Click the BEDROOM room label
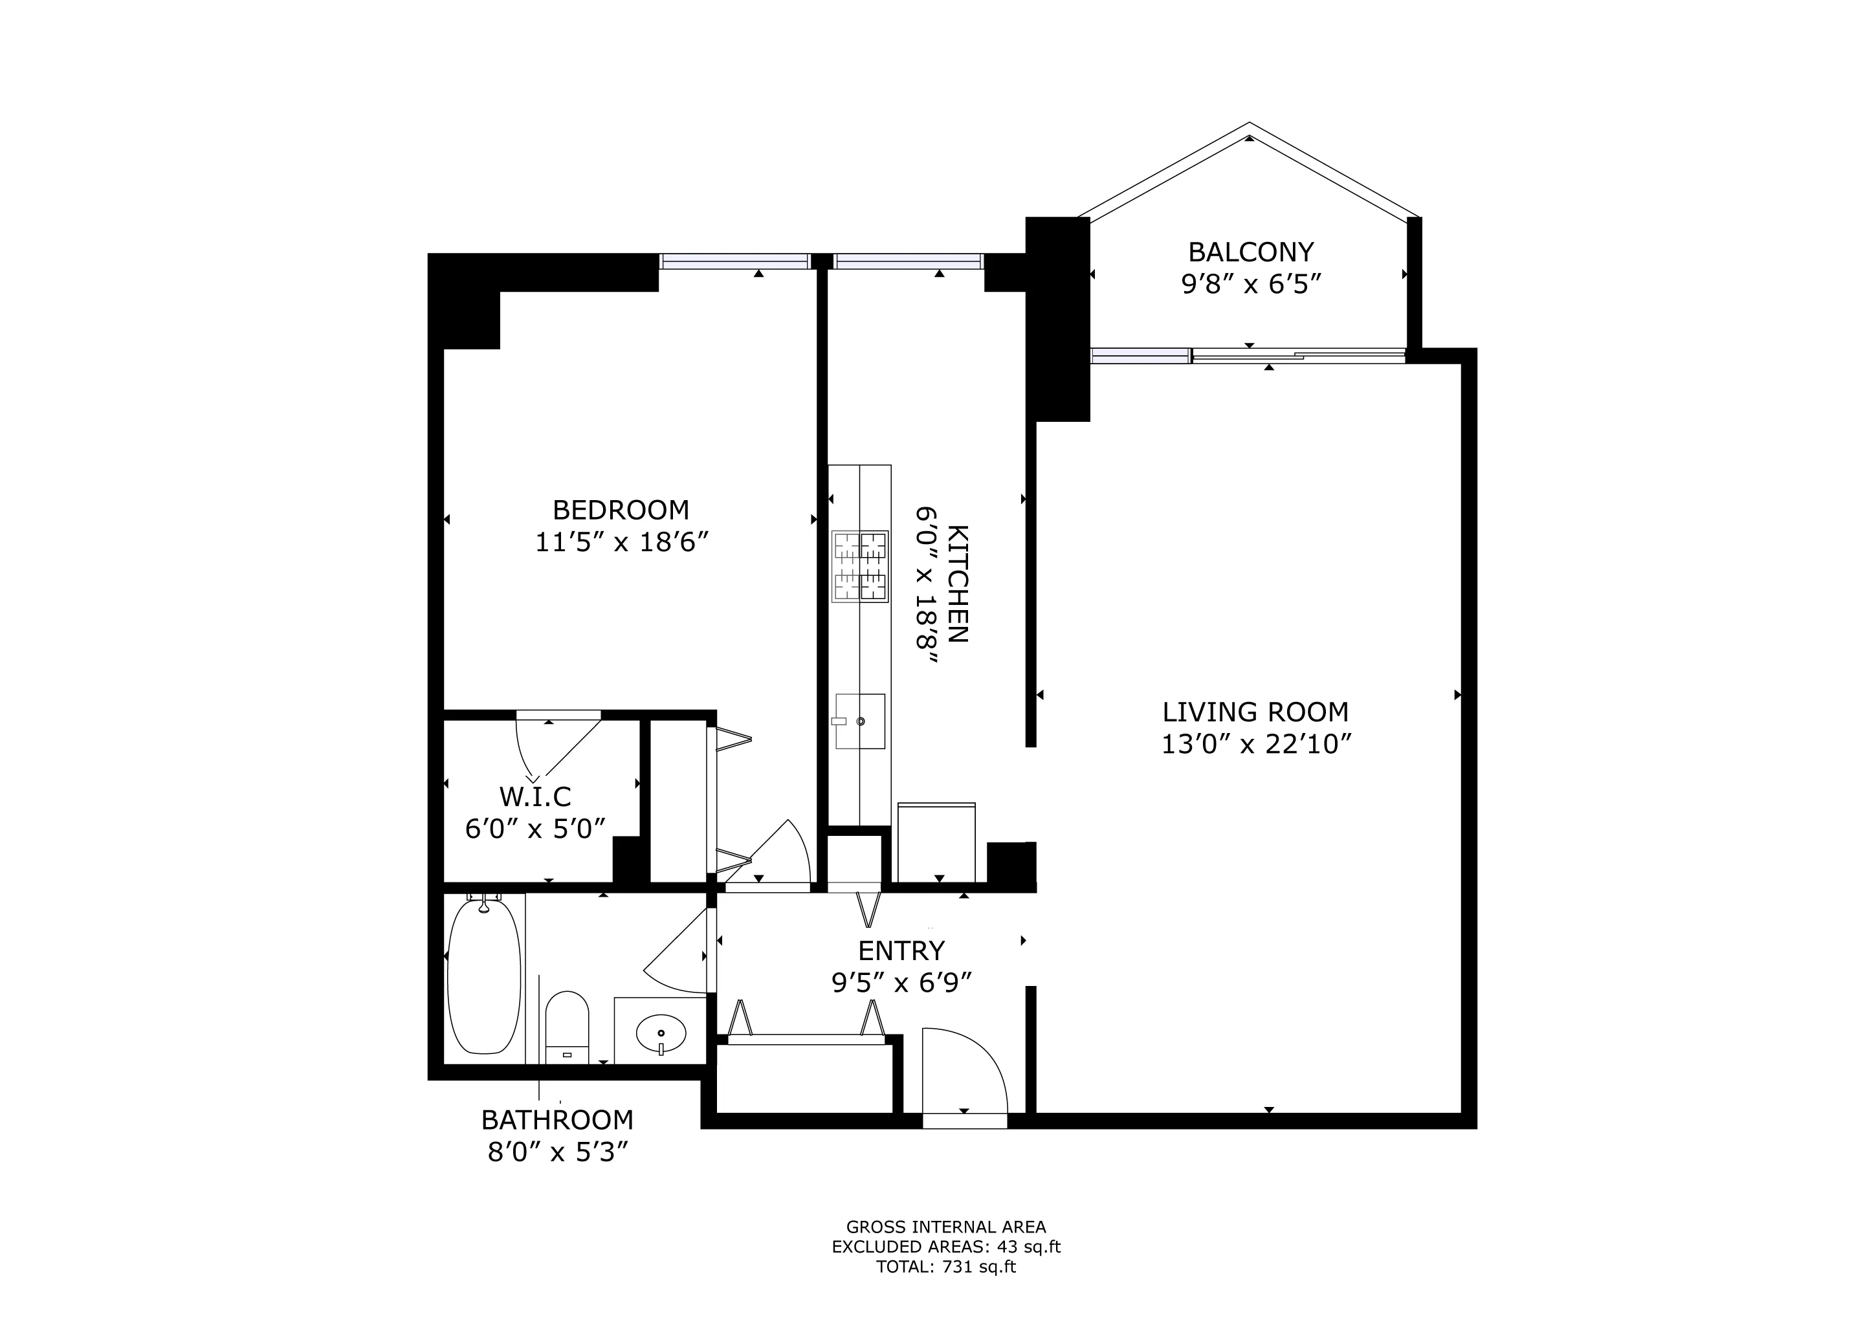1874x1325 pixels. [621, 510]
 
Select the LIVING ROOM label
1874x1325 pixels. [1255, 712]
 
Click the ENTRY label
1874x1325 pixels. [901, 950]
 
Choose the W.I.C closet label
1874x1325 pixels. [535, 796]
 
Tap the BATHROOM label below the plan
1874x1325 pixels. [557, 1119]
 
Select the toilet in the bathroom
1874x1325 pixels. [566, 1026]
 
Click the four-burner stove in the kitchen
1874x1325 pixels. [860, 566]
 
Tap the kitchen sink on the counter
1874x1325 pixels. [859, 721]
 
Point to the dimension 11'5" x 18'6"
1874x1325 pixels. [621, 543]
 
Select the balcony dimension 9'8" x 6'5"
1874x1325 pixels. [1251, 284]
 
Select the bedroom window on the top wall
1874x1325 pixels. [734, 261]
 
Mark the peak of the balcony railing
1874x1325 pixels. [1250, 124]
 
